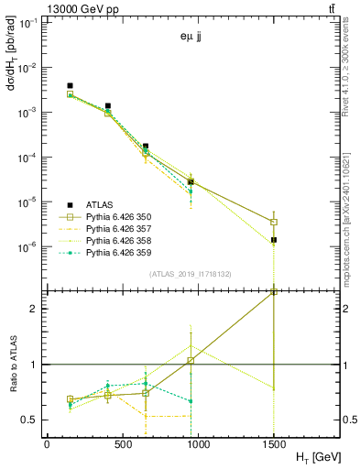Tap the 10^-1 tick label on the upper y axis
tap(29, 24)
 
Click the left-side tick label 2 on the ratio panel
tap(34, 309)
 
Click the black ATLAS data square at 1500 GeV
tap(274, 240)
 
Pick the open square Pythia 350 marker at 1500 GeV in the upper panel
tap(274, 222)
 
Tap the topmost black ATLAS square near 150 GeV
tap(70, 86)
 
